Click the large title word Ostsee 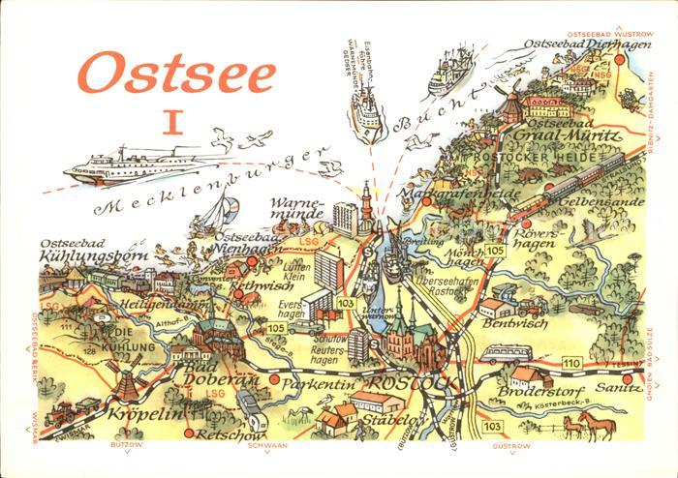pos(177,75)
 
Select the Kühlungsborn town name pos(92,256)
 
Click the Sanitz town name pos(613,387)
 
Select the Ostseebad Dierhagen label pos(572,45)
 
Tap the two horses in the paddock pos(585,425)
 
